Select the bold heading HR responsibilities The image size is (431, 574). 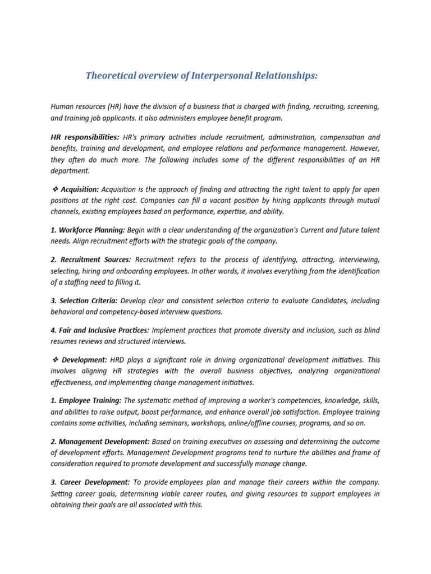point(85,137)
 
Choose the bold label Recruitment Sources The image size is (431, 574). point(91,260)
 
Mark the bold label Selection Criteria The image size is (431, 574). point(84,301)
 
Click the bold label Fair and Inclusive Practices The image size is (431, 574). point(100,331)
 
